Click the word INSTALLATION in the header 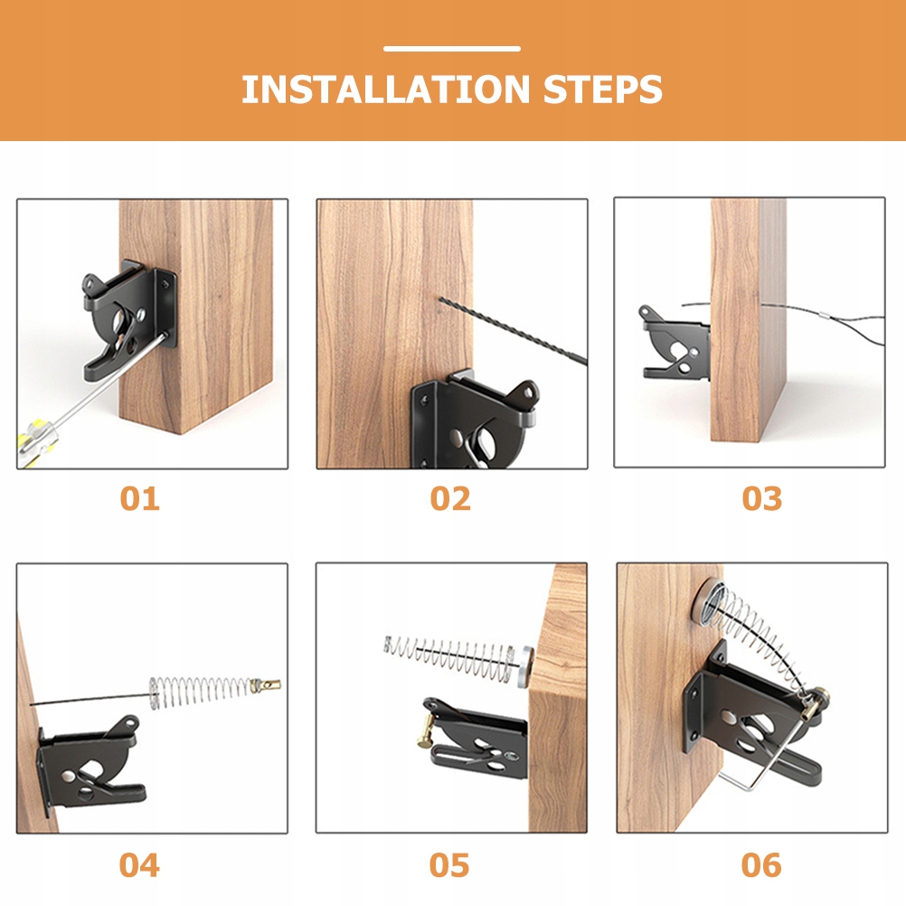(x=385, y=90)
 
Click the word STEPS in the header (x=603, y=90)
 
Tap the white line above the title (x=452, y=49)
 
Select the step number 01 (x=140, y=498)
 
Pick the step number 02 (x=450, y=498)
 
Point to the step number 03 (x=762, y=498)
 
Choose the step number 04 (x=139, y=865)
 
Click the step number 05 (x=449, y=865)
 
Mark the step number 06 (x=761, y=865)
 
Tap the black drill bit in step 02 (x=513, y=331)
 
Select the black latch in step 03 (x=675, y=344)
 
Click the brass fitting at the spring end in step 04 (x=266, y=686)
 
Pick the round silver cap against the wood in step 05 (x=524, y=666)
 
